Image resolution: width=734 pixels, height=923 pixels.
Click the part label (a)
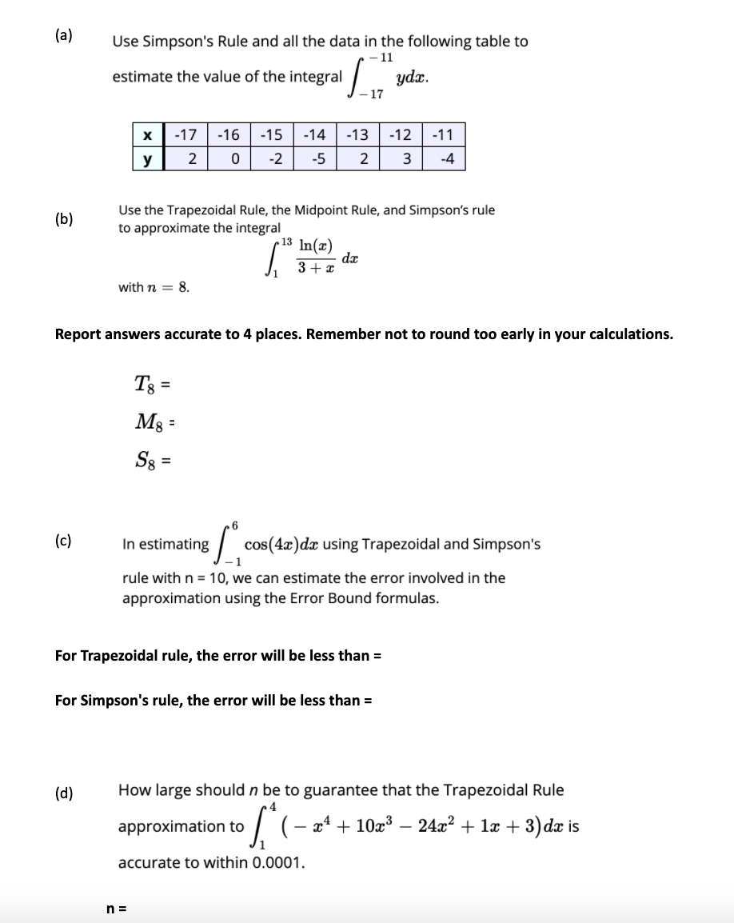click(x=63, y=35)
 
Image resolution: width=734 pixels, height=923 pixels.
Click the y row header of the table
click(x=147, y=158)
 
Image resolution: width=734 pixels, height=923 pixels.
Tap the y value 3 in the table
click(x=406, y=158)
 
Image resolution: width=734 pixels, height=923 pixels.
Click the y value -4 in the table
click(x=448, y=158)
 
